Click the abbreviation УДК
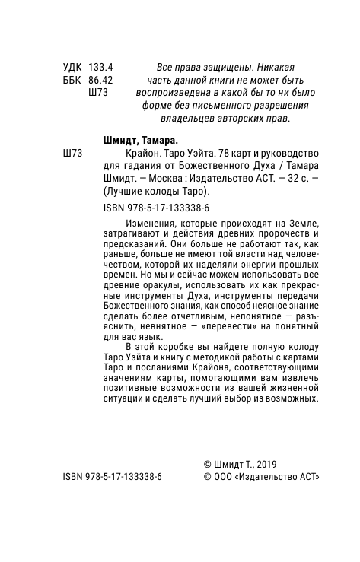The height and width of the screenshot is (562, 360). [x=72, y=66]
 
